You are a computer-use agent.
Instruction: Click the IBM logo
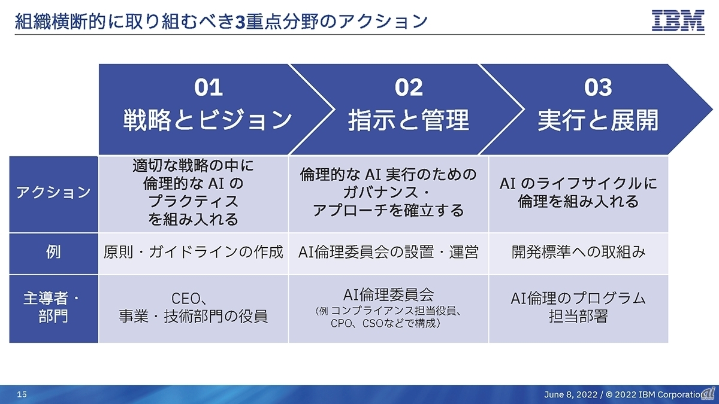pos(678,21)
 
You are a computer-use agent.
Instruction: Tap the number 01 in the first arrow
pos(209,88)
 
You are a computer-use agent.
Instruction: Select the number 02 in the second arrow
pos(409,88)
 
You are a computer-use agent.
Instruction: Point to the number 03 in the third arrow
pos(598,88)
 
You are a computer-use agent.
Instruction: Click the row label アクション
pos(53,193)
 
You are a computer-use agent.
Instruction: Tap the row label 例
pos(53,253)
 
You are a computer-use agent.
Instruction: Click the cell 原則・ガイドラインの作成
pos(193,253)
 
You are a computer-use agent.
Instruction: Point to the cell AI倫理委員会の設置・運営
pos(388,253)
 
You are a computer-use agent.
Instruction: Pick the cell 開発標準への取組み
pos(578,253)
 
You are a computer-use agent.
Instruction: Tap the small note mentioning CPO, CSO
pos(388,318)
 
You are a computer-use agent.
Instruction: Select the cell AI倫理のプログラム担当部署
pos(578,306)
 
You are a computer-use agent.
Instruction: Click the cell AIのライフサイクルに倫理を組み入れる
pos(578,193)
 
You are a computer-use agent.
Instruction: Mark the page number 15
pos(22,394)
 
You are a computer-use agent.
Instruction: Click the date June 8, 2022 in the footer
pos(570,394)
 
